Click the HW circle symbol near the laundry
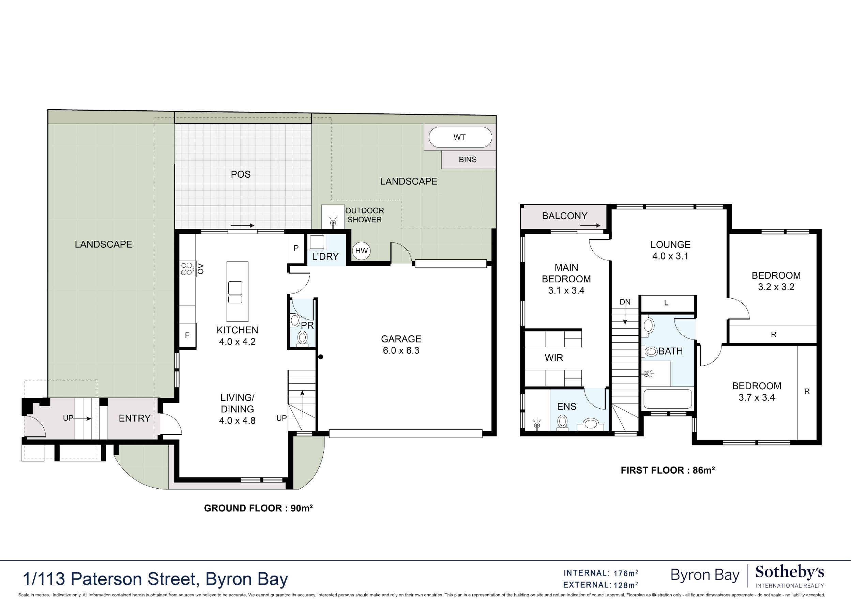pos(361,251)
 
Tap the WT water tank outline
pos(460,137)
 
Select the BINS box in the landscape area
pos(468,160)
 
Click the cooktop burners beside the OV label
pos(187,269)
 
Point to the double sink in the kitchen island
pos(235,292)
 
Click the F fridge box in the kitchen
pos(187,335)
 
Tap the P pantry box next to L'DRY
pos(296,248)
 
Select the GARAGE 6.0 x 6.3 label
pos(401,345)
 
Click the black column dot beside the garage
pos(321,357)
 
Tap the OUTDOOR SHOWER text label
pos(364,215)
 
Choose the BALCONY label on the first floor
pos(564,216)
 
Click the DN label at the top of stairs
pos(625,302)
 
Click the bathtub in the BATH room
pos(668,399)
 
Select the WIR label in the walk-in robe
pos(554,358)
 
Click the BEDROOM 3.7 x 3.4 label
pos(756,392)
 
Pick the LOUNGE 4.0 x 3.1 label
pos(670,250)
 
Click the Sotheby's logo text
pos(789,572)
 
